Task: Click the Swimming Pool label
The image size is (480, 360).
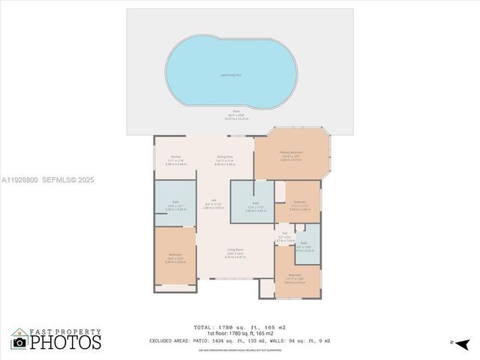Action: click(x=230, y=75)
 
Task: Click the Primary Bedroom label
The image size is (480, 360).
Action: click(x=291, y=152)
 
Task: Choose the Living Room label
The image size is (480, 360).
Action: click(x=235, y=250)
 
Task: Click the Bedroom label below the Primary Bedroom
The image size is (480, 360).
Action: click(x=299, y=202)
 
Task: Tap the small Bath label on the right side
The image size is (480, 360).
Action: click(x=304, y=243)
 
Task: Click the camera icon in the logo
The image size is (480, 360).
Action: click(x=20, y=342)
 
